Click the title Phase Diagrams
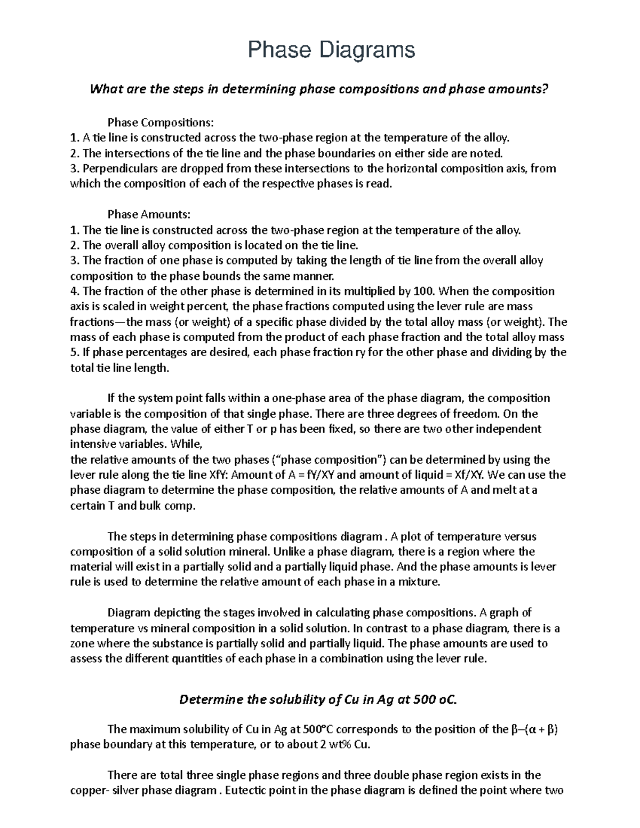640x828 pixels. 331,50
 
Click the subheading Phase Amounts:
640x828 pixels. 149,215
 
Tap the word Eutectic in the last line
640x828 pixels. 249,791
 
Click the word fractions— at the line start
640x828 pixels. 97,322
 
